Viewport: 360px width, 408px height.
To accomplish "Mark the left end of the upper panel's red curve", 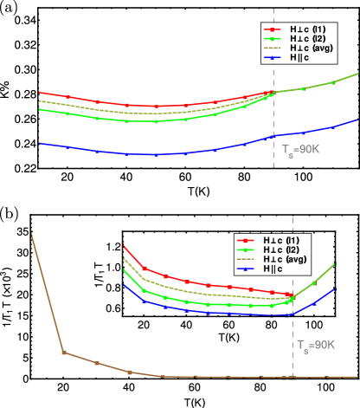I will tap(40, 92).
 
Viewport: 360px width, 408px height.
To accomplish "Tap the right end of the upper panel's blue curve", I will tap(357, 120).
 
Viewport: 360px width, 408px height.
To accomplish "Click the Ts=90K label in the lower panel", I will tap(316, 345).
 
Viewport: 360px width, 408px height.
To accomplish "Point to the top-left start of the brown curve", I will tap(32, 231).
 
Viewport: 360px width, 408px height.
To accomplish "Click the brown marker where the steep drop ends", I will tap(63, 353).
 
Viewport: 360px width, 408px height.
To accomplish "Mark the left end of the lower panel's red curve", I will tap(125, 245).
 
